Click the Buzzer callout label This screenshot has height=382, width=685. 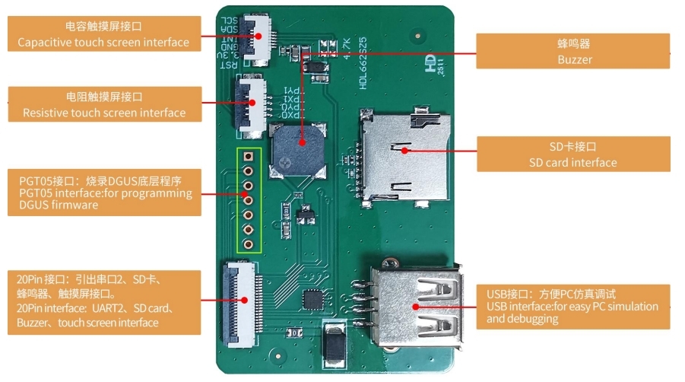tap(574, 51)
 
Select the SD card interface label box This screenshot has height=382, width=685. tap(574, 154)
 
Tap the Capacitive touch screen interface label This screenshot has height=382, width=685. tap(104, 34)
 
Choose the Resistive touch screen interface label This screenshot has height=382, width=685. tap(104, 104)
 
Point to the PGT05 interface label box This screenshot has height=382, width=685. tap(104, 193)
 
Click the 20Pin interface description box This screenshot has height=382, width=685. tap(104, 302)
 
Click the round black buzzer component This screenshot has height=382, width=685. tap(301, 151)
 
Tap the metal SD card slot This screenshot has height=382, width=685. tap(403, 152)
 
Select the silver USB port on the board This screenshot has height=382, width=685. tap(418, 306)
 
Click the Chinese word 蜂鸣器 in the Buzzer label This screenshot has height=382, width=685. tap(573, 44)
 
